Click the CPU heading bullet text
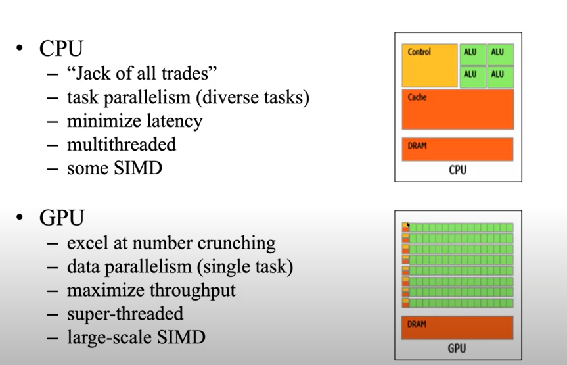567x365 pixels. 61,49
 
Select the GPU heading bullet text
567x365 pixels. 61,218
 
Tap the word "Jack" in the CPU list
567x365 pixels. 91,73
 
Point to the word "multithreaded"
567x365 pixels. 122,145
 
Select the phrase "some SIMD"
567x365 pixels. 114,168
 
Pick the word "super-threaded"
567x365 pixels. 125,314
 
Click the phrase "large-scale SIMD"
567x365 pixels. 136,338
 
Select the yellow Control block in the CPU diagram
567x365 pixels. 429,66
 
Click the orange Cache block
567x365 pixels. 457,110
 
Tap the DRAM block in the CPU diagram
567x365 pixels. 457,149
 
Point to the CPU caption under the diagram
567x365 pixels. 457,170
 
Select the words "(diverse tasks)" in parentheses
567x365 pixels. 259,97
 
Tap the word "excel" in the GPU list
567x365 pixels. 87,243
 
